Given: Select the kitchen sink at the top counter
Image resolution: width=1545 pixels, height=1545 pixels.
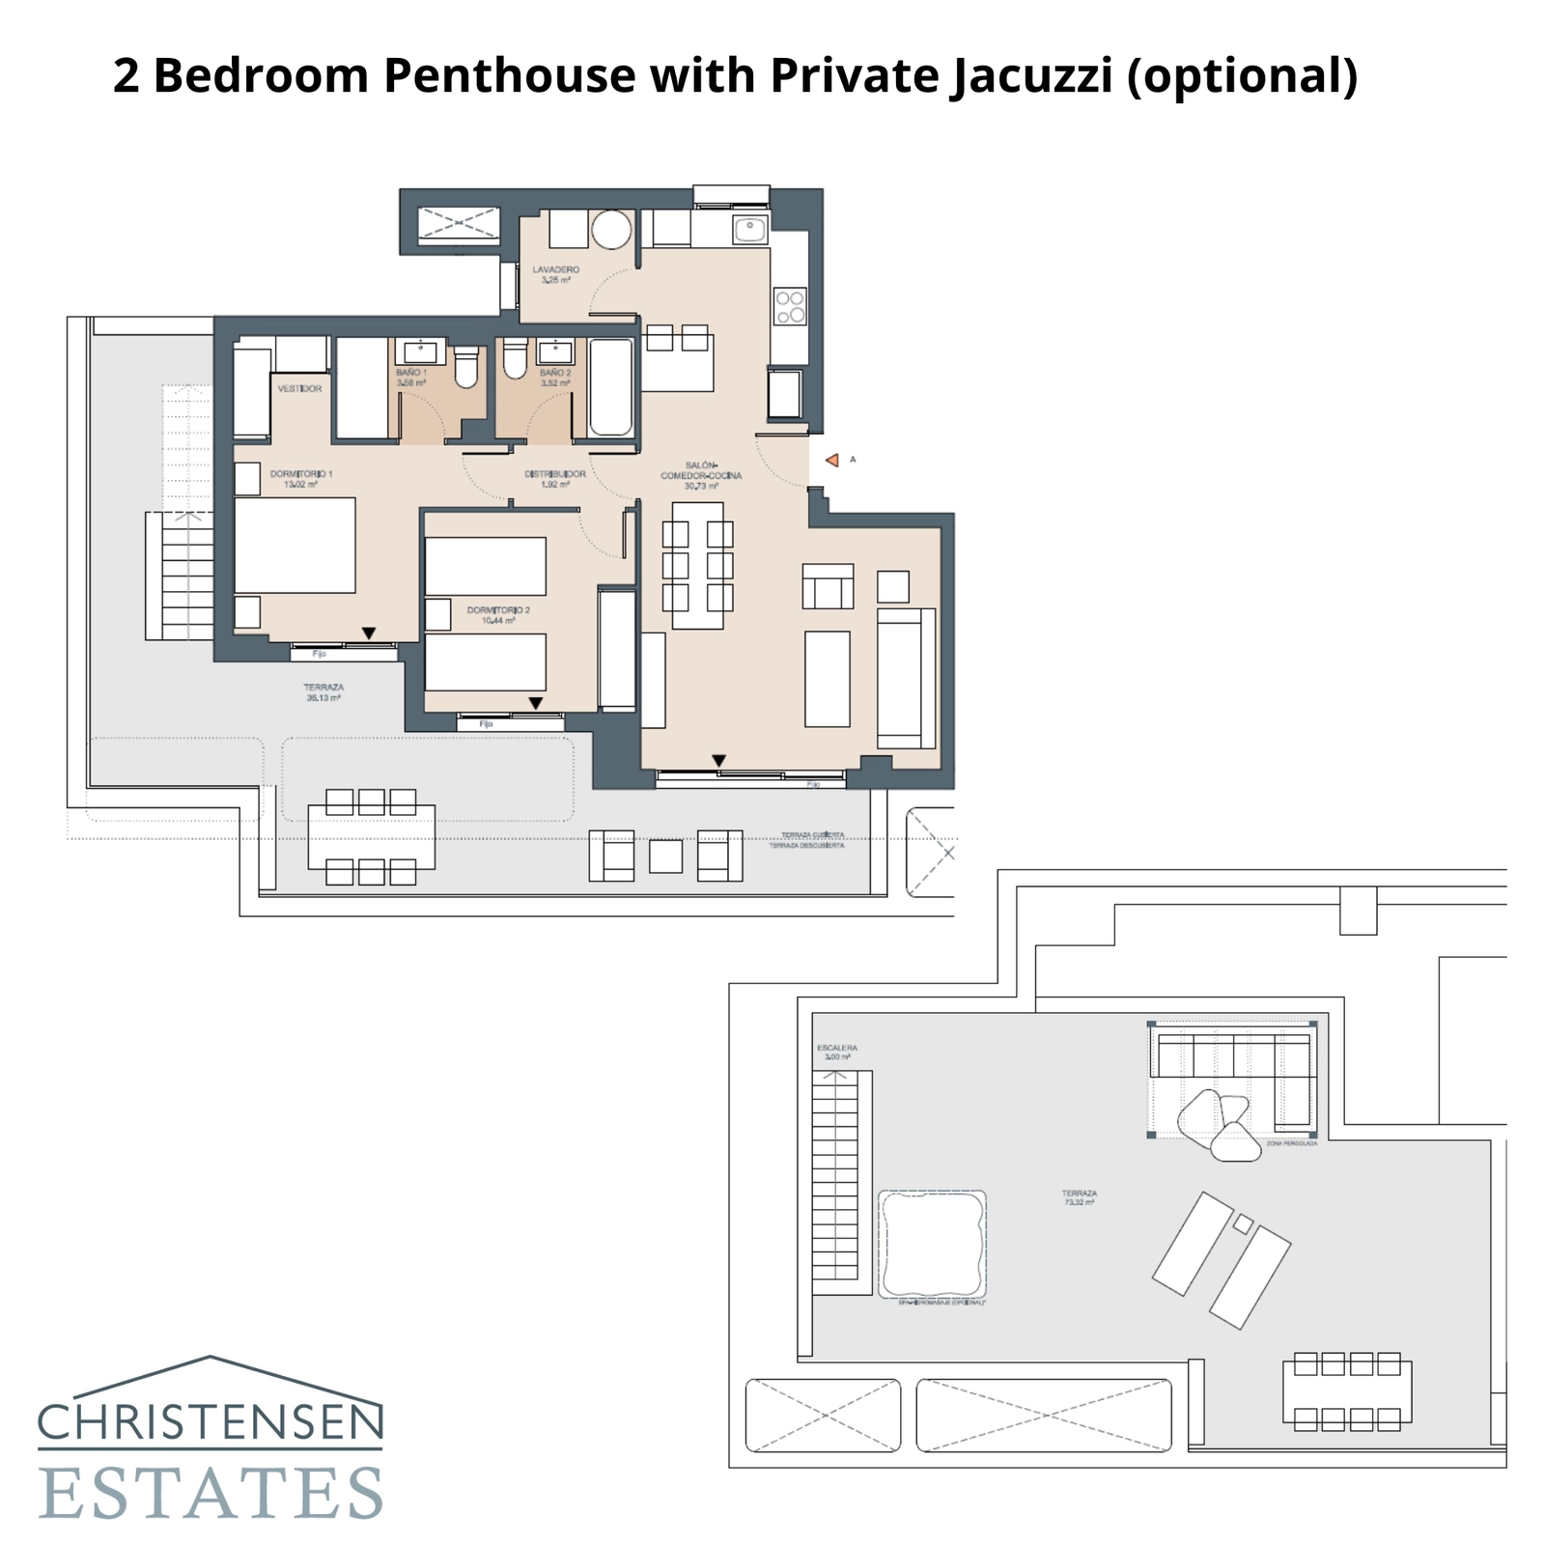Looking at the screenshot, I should point(749,230).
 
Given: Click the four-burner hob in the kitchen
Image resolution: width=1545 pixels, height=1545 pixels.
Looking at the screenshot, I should point(790,307).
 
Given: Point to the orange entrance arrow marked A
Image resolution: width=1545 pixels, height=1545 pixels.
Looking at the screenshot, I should point(832,461).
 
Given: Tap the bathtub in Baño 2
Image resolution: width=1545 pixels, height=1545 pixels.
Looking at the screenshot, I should point(610,386).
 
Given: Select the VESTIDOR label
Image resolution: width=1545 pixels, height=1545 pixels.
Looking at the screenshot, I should point(299,388).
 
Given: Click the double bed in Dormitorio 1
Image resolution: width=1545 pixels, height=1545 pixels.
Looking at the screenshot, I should point(295,546).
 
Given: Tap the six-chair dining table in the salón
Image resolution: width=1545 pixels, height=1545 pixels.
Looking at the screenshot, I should point(697,565).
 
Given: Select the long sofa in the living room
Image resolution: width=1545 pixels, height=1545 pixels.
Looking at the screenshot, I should point(906,678).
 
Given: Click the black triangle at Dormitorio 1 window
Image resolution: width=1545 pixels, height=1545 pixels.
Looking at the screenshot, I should point(369,633).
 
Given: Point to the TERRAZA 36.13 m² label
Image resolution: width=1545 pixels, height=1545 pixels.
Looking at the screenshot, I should point(324,692).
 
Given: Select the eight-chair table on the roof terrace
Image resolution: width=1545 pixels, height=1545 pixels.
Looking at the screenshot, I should point(1347,1391).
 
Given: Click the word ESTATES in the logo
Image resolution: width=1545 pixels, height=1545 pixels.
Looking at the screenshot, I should point(211,1494).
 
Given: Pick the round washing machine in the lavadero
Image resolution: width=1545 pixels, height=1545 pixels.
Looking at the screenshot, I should point(611,231).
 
